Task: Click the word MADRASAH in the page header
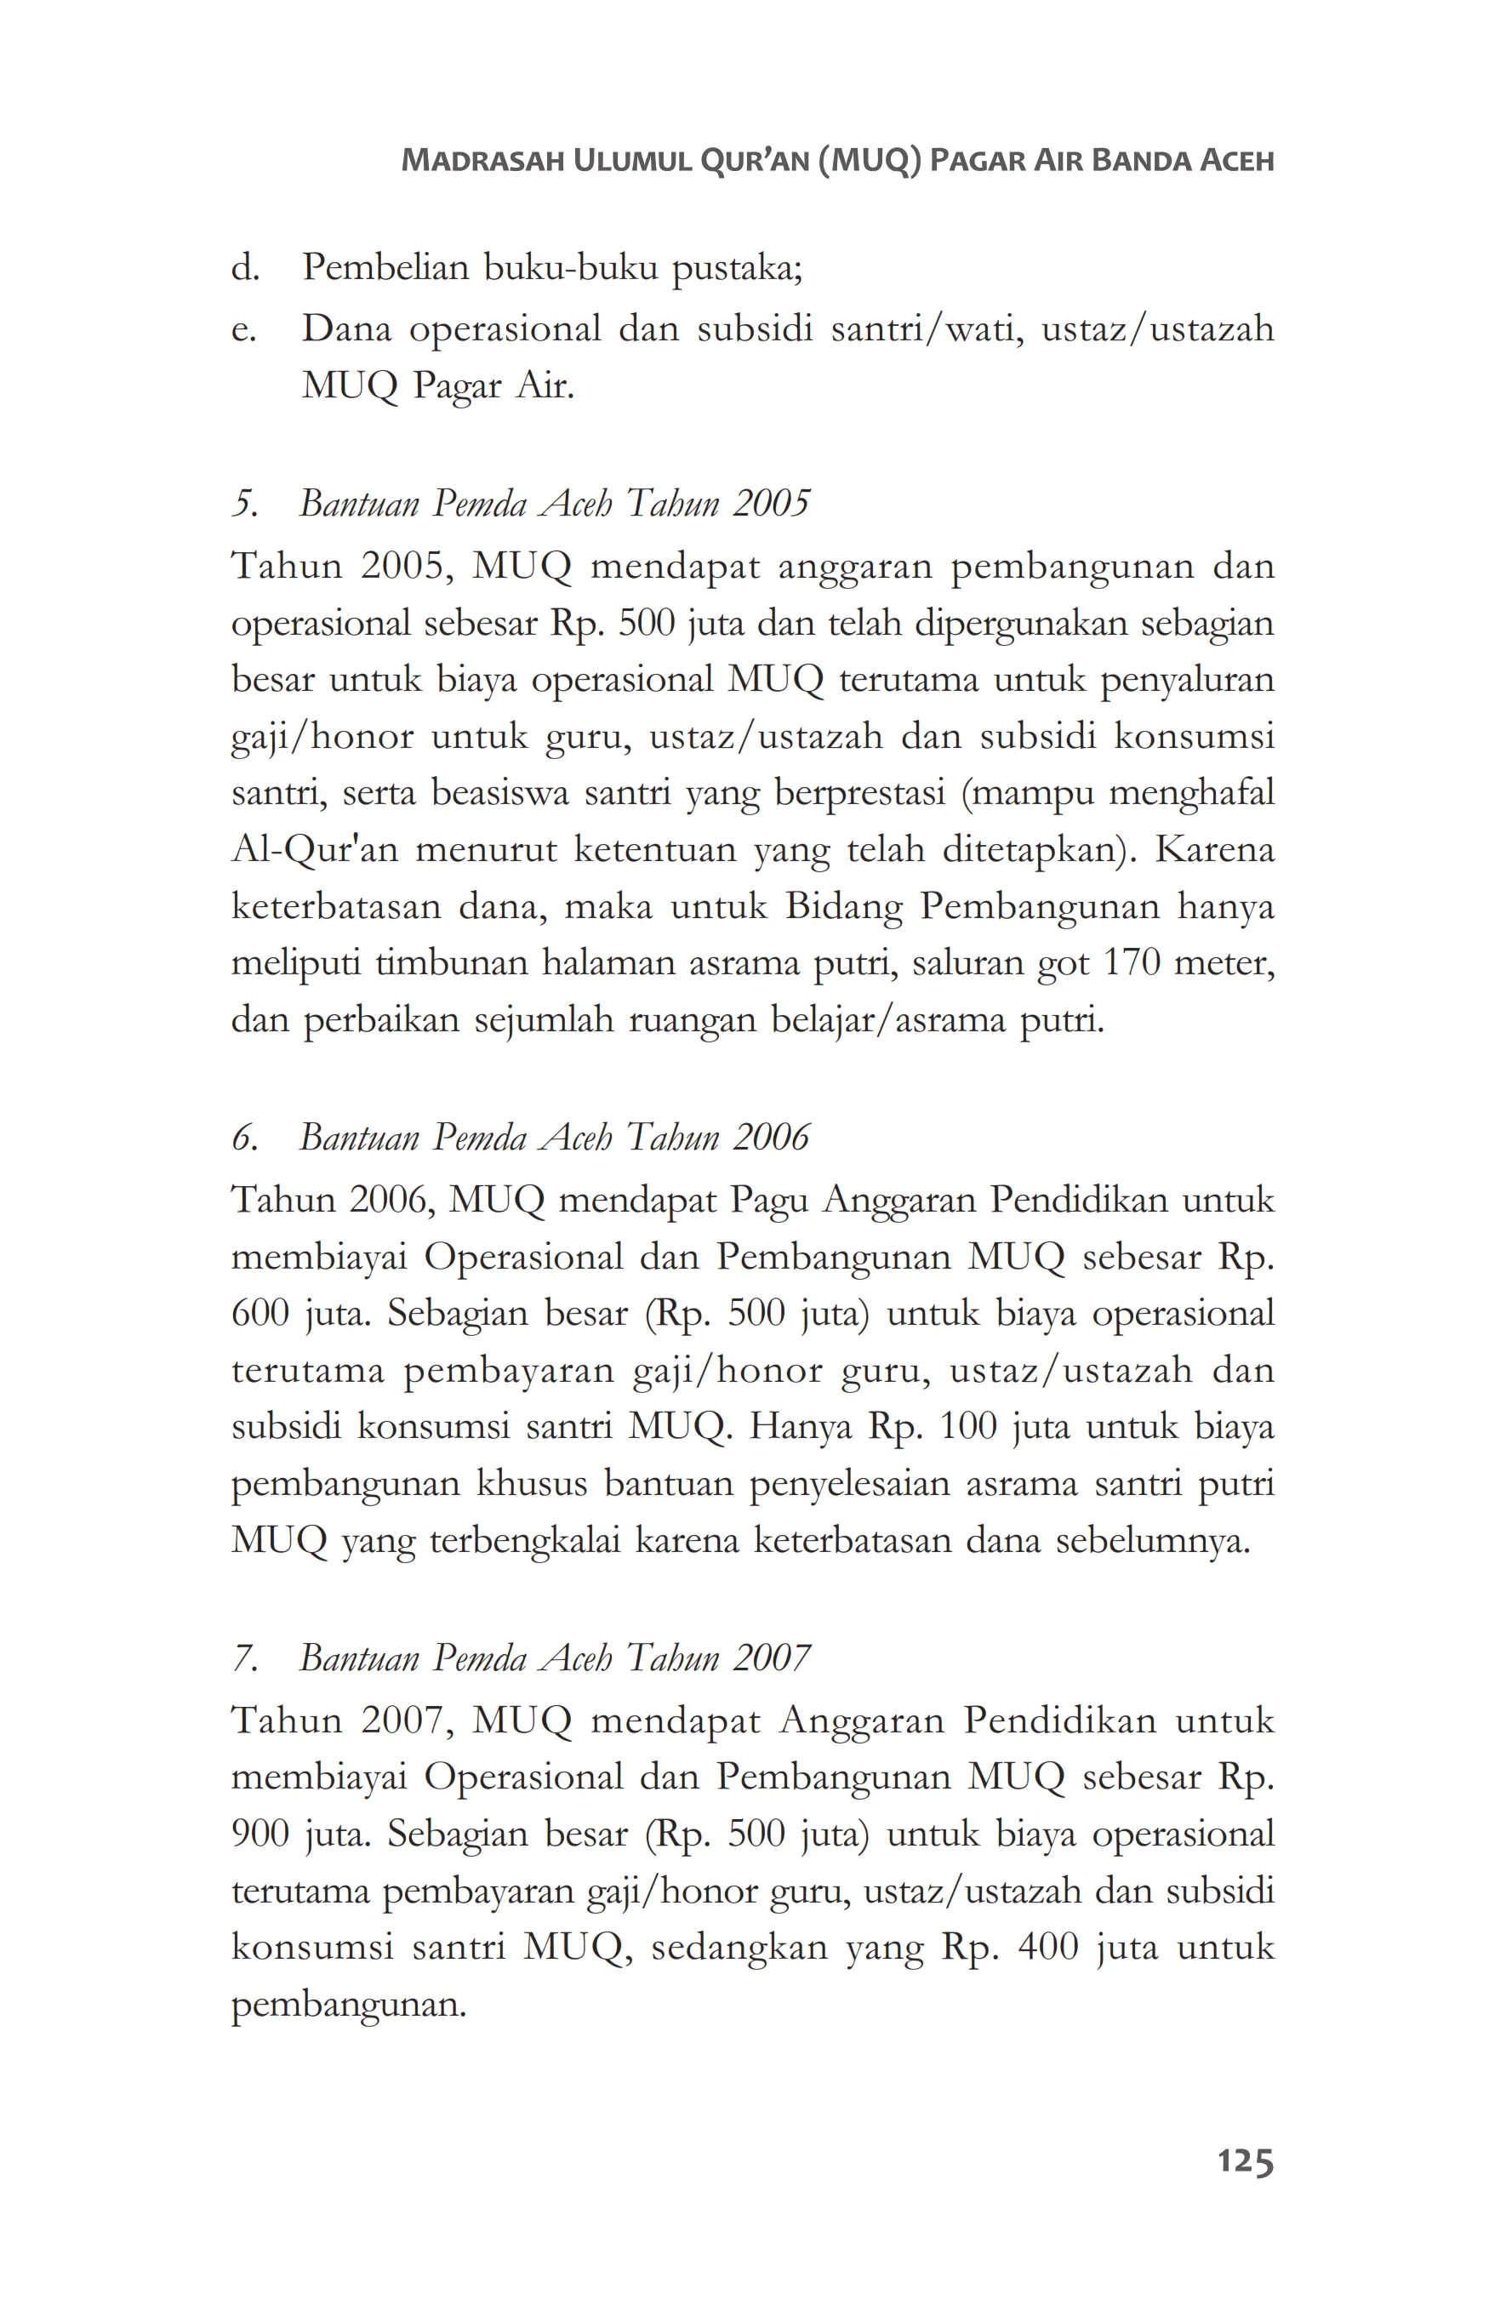482,160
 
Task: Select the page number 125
1245,2161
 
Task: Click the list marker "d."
246,267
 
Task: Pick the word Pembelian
385,267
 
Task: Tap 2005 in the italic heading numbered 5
771,503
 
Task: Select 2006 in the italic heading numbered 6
771,1137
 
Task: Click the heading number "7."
243,1658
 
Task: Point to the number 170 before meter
1132,963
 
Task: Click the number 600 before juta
260,1314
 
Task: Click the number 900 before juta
260,1835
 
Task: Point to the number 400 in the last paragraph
1047,1947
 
